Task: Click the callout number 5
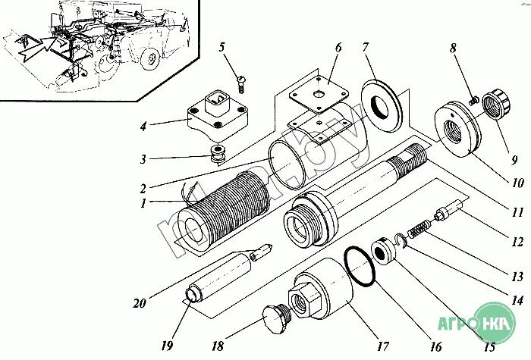point(222,47)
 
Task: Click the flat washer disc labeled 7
point(382,106)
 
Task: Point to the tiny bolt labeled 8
point(473,101)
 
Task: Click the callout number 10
point(517,183)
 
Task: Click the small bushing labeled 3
point(218,154)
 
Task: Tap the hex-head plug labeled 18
point(276,318)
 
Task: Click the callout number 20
point(139,303)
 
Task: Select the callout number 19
point(167,346)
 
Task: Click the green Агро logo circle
point(495,322)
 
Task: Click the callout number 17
point(383,346)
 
